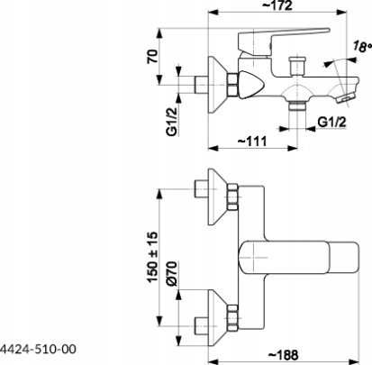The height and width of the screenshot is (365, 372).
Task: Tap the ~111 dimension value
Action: [252, 141]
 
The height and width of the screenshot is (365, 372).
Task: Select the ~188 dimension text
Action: [283, 355]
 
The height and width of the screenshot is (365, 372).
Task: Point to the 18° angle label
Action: [362, 46]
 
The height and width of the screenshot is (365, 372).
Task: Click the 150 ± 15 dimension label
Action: [152, 257]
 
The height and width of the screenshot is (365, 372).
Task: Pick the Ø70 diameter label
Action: [172, 273]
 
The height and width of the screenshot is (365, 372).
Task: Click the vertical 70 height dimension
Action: [152, 56]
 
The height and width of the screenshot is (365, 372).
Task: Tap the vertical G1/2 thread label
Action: [172, 122]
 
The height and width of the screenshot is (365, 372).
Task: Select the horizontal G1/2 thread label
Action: [331, 122]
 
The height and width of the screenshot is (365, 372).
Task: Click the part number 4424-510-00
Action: [38, 349]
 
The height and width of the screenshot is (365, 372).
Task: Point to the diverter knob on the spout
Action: [296, 65]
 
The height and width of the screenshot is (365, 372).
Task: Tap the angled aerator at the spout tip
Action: [347, 98]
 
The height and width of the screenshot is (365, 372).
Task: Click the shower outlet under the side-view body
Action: [296, 106]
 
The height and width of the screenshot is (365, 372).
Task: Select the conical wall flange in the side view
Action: [217, 85]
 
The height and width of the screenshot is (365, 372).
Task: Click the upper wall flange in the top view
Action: [217, 196]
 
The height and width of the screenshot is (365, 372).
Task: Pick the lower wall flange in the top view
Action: [217, 317]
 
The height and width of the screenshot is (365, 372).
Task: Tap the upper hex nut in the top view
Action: [232, 197]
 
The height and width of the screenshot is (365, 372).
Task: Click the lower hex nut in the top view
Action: [232, 318]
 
